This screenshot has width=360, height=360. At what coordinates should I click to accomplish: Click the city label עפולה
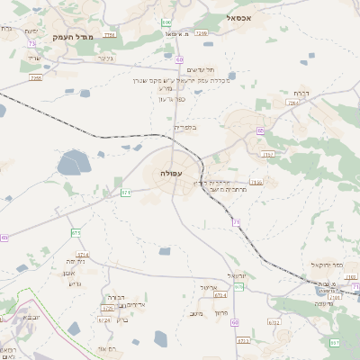tap(170, 172)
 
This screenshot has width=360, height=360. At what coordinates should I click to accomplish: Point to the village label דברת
tap(301, 93)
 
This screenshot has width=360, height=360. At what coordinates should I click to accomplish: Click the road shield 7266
tap(201, 33)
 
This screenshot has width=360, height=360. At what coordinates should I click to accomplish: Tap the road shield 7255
tap(36, 78)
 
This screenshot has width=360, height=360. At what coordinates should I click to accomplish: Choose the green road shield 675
tap(76, 233)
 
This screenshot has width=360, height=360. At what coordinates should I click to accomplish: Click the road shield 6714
tap(83, 256)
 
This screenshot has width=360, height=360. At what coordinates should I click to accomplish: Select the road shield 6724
tap(104, 319)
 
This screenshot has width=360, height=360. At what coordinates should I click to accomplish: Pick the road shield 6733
tap(243, 341)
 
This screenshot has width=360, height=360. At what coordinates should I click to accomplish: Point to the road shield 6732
tap(274, 321)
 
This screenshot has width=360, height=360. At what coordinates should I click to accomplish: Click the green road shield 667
tap(335, 343)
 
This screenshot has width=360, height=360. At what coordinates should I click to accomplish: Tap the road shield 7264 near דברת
tap(292, 103)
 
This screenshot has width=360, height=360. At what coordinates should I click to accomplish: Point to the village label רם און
tap(107, 348)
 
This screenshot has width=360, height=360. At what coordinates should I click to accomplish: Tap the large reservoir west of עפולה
tap(73, 164)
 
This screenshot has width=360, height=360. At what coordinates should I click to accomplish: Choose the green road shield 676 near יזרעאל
tap(239, 286)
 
